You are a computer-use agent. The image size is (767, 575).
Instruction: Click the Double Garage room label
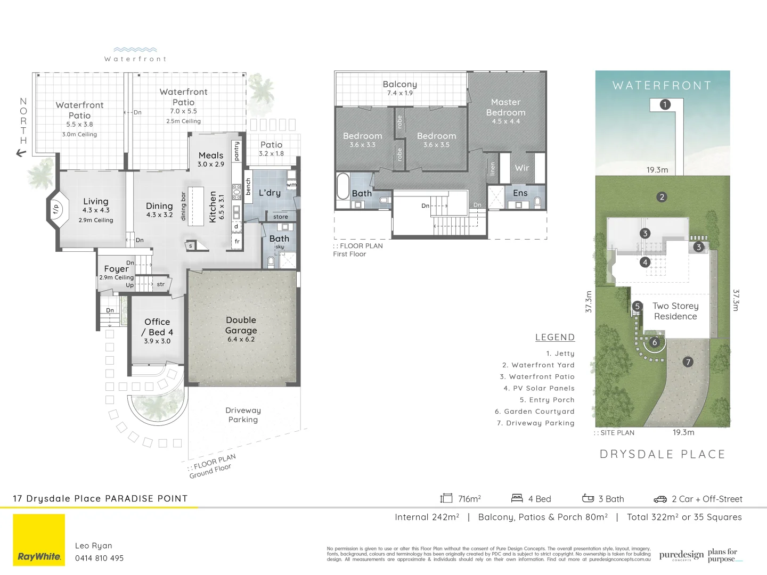(241, 325)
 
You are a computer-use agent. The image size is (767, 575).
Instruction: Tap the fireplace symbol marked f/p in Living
(55, 210)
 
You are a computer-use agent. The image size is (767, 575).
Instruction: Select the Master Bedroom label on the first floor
(505, 108)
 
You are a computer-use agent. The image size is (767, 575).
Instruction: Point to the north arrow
(21, 153)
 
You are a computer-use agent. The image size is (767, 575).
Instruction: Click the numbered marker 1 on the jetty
(665, 104)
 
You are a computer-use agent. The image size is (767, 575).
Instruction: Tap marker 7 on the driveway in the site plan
(688, 362)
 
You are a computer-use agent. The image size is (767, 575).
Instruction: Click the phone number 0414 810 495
(99, 558)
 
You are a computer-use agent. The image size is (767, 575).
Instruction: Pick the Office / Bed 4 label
(157, 327)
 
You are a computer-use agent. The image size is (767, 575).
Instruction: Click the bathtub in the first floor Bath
(343, 186)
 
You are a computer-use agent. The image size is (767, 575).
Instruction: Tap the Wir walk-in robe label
(522, 168)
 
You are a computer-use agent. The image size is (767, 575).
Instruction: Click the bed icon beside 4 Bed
(517, 498)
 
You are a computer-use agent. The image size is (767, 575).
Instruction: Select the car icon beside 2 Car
(660, 499)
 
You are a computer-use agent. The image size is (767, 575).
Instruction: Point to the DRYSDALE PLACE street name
(662, 454)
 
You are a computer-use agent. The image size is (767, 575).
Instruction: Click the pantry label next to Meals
(236, 151)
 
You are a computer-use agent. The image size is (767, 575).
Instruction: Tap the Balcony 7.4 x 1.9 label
(399, 88)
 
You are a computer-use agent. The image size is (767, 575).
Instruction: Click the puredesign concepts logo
(681, 555)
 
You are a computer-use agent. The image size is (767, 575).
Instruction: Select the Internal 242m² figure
(427, 517)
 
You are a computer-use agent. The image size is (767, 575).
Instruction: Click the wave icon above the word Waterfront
(135, 50)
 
